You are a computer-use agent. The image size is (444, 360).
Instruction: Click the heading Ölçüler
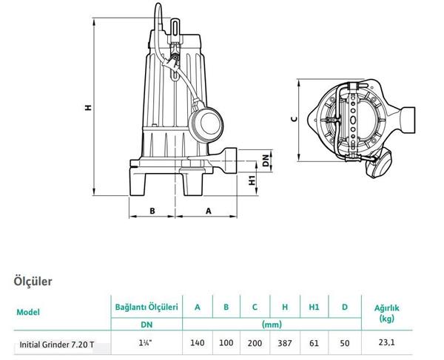(33, 282)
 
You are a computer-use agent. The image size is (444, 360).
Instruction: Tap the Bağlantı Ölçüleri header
(147, 307)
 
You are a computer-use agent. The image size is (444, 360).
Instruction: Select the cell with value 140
(197, 344)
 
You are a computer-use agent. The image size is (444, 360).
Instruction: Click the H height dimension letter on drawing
(87, 108)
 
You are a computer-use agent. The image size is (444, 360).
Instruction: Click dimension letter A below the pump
(207, 211)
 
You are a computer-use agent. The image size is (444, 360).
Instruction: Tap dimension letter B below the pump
(152, 211)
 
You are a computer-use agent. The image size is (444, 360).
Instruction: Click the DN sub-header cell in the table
(147, 324)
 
